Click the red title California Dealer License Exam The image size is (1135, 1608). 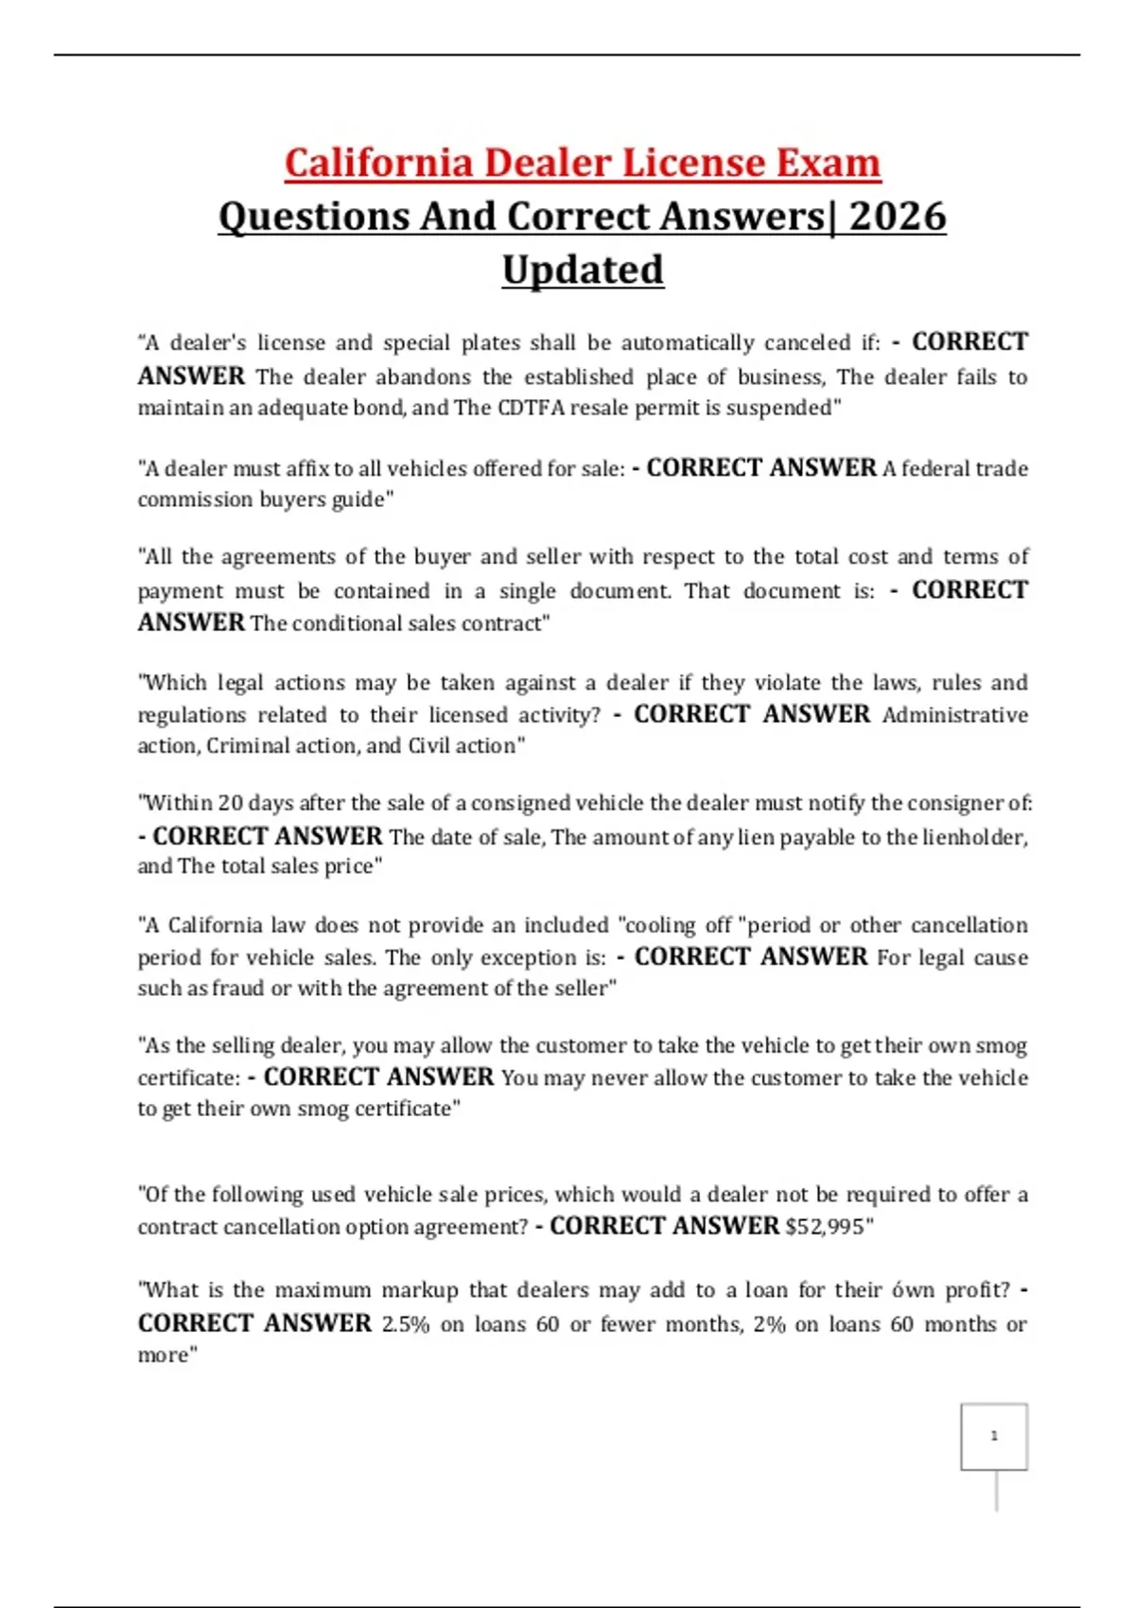(x=583, y=163)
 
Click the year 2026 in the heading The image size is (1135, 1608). (x=897, y=217)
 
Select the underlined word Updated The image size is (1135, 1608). (x=583, y=270)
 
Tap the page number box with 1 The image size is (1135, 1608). (x=994, y=1436)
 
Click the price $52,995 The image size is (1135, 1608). (x=824, y=1227)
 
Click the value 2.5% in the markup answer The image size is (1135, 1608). (x=405, y=1324)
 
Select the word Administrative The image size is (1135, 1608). (x=954, y=715)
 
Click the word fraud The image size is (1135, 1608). (x=238, y=988)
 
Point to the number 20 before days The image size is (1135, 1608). (x=230, y=803)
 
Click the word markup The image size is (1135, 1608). (x=417, y=1290)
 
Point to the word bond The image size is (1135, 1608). (x=381, y=408)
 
